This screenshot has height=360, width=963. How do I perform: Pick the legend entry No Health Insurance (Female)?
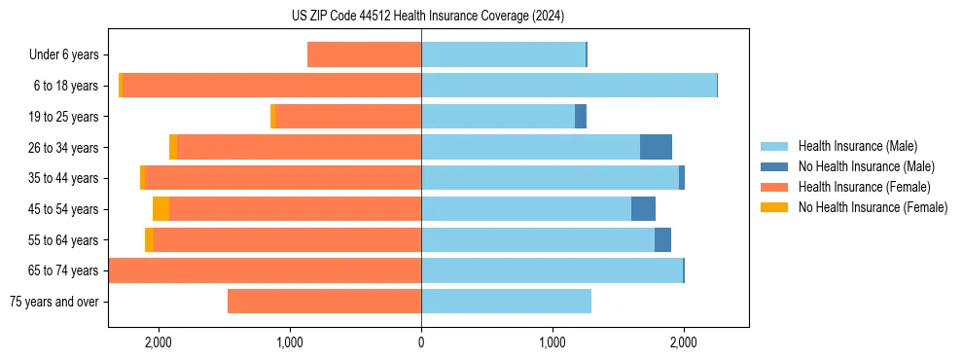873,207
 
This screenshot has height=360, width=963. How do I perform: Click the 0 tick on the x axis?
421,342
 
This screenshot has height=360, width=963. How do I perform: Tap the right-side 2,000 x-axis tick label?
684,342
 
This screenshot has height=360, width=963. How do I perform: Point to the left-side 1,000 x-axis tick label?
290,342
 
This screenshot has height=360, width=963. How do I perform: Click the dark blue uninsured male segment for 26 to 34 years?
656,147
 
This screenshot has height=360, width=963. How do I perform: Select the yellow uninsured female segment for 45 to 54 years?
160,209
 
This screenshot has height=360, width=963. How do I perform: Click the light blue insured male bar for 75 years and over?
506,302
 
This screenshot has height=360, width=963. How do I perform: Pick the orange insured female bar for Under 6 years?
364,54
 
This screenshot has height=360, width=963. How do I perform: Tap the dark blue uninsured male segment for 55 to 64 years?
662,240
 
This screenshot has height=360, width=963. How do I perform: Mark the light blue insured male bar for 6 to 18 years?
569,86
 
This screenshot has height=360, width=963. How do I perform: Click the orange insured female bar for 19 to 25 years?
348,117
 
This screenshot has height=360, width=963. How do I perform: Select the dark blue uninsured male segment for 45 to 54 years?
643,209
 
